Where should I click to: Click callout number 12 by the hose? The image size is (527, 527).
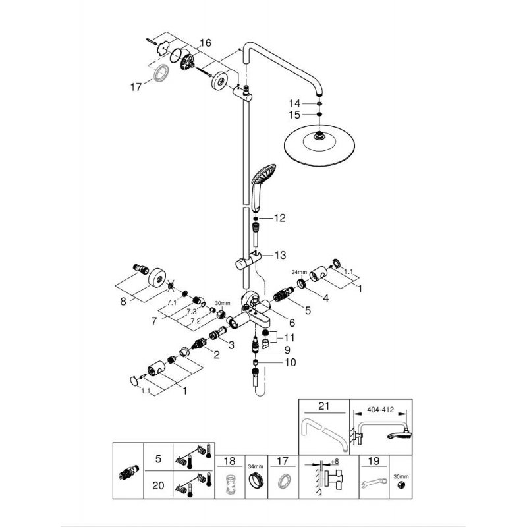click(281, 218)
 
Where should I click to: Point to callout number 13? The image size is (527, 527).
click(281, 254)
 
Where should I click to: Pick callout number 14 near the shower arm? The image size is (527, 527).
click(294, 103)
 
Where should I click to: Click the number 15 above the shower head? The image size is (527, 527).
click(294, 115)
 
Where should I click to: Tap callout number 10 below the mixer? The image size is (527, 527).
click(291, 362)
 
